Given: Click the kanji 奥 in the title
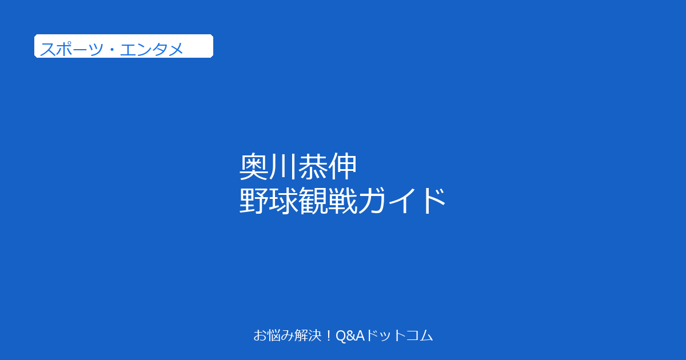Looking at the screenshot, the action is (x=254, y=166).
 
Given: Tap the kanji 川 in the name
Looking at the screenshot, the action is (x=284, y=166).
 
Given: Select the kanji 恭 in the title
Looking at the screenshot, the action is (x=312, y=166).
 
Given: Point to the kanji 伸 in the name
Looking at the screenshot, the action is (x=342, y=166).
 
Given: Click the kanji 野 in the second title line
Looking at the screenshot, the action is (x=254, y=201).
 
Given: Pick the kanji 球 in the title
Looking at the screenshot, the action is (x=284, y=201).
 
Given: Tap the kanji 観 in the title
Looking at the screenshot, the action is (x=313, y=201).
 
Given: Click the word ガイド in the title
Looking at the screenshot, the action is (x=401, y=201).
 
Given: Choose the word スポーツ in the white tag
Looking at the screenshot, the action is (x=71, y=49).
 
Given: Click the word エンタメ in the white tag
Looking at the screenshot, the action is (x=151, y=49).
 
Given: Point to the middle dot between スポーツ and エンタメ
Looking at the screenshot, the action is (x=111, y=49).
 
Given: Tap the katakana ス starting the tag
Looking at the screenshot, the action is (x=47, y=49).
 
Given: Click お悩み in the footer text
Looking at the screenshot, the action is (x=273, y=335).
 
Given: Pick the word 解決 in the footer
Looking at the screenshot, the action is (x=308, y=335).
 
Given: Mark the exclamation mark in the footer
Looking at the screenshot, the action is (x=329, y=335).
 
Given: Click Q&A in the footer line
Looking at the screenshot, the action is (x=350, y=336).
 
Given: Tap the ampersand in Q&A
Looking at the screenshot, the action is (x=351, y=336).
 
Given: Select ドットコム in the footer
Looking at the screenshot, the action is (x=399, y=335).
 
